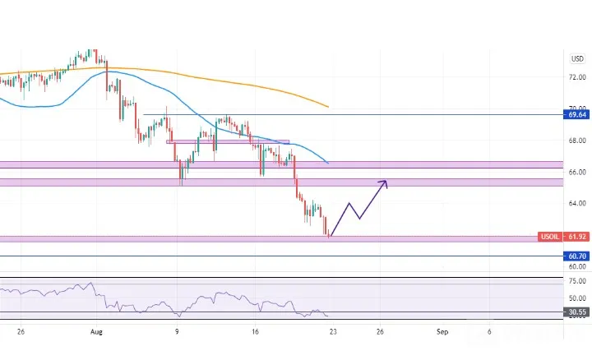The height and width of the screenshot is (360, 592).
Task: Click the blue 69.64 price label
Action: click(576, 114)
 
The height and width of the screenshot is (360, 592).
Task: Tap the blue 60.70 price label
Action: click(576, 256)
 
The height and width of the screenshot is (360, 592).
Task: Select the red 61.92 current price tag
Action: click(576, 237)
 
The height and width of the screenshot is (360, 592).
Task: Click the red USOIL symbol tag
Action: click(550, 237)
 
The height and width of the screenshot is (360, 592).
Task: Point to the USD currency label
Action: click(577, 59)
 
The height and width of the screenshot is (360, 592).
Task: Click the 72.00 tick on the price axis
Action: click(577, 77)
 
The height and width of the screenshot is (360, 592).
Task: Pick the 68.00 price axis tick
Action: click(577, 141)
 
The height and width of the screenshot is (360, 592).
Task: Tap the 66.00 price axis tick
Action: click(577, 172)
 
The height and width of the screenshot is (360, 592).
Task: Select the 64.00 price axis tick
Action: click(577, 203)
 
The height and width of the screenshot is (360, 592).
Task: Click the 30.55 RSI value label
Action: click(576, 312)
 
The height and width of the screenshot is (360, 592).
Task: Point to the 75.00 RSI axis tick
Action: click(577, 281)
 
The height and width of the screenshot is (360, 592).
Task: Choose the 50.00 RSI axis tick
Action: click(577, 298)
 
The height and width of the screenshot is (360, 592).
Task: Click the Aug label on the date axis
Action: click(96, 332)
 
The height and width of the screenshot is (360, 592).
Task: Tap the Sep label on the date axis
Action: click(442, 332)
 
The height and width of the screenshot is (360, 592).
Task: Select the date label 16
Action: click(255, 332)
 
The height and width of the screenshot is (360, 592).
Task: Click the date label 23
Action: click(333, 332)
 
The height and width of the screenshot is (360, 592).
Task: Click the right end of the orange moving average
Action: click(328, 107)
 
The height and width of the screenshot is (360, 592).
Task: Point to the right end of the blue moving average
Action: click(328, 163)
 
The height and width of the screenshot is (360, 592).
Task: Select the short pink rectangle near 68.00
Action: click(228, 142)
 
